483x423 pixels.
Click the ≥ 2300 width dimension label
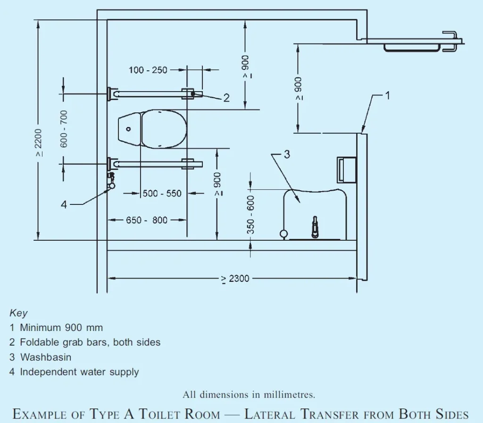coord(235,279)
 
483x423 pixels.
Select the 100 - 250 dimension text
coord(148,70)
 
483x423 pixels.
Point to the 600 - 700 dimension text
coord(64,128)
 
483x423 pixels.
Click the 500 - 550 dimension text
coord(162,194)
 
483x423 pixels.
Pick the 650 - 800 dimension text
coord(146,220)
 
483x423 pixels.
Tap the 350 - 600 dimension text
coord(250,214)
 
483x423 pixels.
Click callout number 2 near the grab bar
coord(226,98)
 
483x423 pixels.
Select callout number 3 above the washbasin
coord(286,154)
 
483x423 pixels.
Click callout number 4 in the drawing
coord(65,204)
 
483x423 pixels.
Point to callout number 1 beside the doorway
coord(387,95)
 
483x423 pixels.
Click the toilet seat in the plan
coord(163,129)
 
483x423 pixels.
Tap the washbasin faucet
coord(315,227)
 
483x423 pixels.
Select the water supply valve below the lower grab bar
coord(112,181)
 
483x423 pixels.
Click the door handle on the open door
coord(450,40)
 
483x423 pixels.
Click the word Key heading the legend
coord(18,313)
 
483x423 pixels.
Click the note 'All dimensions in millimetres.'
coord(249,395)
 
